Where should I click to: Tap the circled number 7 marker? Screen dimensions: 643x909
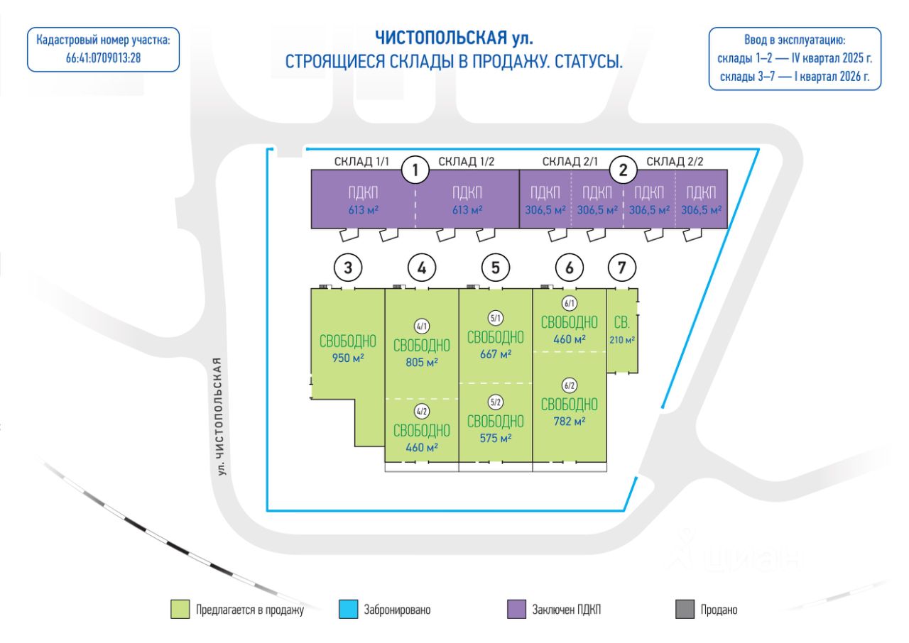click(622, 268)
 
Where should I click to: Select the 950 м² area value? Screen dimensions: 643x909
click(348, 358)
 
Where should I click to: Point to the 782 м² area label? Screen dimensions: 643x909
click(570, 421)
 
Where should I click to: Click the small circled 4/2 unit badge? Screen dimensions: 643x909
click(422, 411)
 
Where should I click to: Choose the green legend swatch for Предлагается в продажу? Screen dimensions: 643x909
click(180, 609)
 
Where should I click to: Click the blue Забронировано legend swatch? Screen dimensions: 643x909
click(348, 609)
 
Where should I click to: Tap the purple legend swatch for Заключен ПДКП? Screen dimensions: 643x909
click(516, 609)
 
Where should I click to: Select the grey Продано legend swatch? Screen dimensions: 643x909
click(685, 609)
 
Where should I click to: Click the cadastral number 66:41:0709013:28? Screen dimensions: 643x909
click(103, 57)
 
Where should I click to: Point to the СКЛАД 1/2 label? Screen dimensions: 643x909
click(466, 161)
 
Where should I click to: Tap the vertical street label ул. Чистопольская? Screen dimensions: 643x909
click(224, 416)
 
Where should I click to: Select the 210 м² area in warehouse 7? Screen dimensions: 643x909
click(622, 340)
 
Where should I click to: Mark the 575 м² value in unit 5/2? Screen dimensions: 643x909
click(496, 438)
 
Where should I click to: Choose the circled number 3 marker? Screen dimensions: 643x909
click(348, 268)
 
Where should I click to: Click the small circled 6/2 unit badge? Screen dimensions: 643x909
click(570, 386)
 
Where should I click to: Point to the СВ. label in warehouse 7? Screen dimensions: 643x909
click(622, 324)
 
